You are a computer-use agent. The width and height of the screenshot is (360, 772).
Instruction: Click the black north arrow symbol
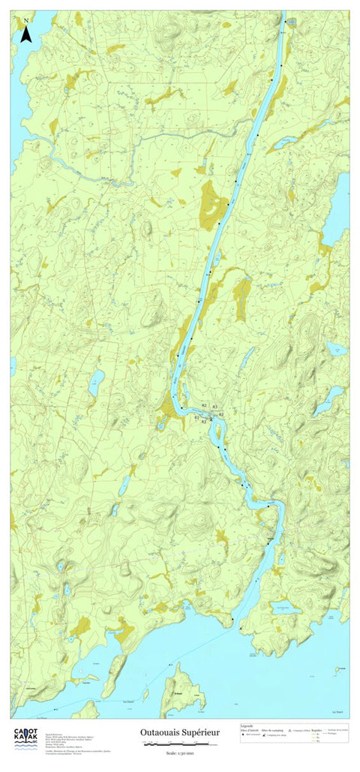[x=26, y=34]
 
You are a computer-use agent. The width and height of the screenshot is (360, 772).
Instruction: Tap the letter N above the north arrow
[x=26, y=20]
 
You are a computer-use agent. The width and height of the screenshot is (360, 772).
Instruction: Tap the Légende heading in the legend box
[x=247, y=725]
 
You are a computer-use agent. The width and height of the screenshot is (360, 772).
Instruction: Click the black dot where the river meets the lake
[x=232, y=619]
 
